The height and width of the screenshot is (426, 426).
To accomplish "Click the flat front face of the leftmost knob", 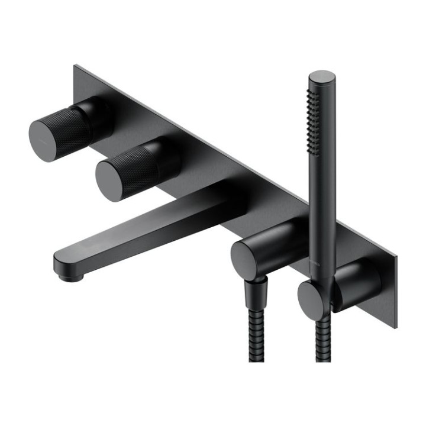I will [46, 139].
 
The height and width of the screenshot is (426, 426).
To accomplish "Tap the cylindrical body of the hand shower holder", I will [355, 284].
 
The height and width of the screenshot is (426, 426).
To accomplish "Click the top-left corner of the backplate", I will [76, 66].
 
